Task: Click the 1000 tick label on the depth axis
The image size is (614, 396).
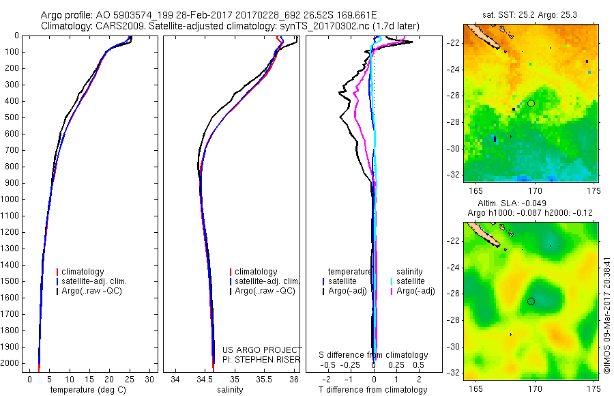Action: [12, 199]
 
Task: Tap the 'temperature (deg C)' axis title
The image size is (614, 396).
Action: [86, 390]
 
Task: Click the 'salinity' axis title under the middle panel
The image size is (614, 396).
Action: [229, 390]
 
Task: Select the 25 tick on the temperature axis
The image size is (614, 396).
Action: [130, 379]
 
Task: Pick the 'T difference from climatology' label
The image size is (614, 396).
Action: [373, 390]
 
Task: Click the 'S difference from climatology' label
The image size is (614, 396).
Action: [373, 355]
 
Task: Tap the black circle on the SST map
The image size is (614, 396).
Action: [531, 103]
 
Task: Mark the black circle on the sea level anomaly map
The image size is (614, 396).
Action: [531, 301]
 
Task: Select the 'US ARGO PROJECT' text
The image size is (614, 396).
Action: [262, 350]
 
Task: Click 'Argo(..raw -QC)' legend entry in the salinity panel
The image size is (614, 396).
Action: [265, 292]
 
